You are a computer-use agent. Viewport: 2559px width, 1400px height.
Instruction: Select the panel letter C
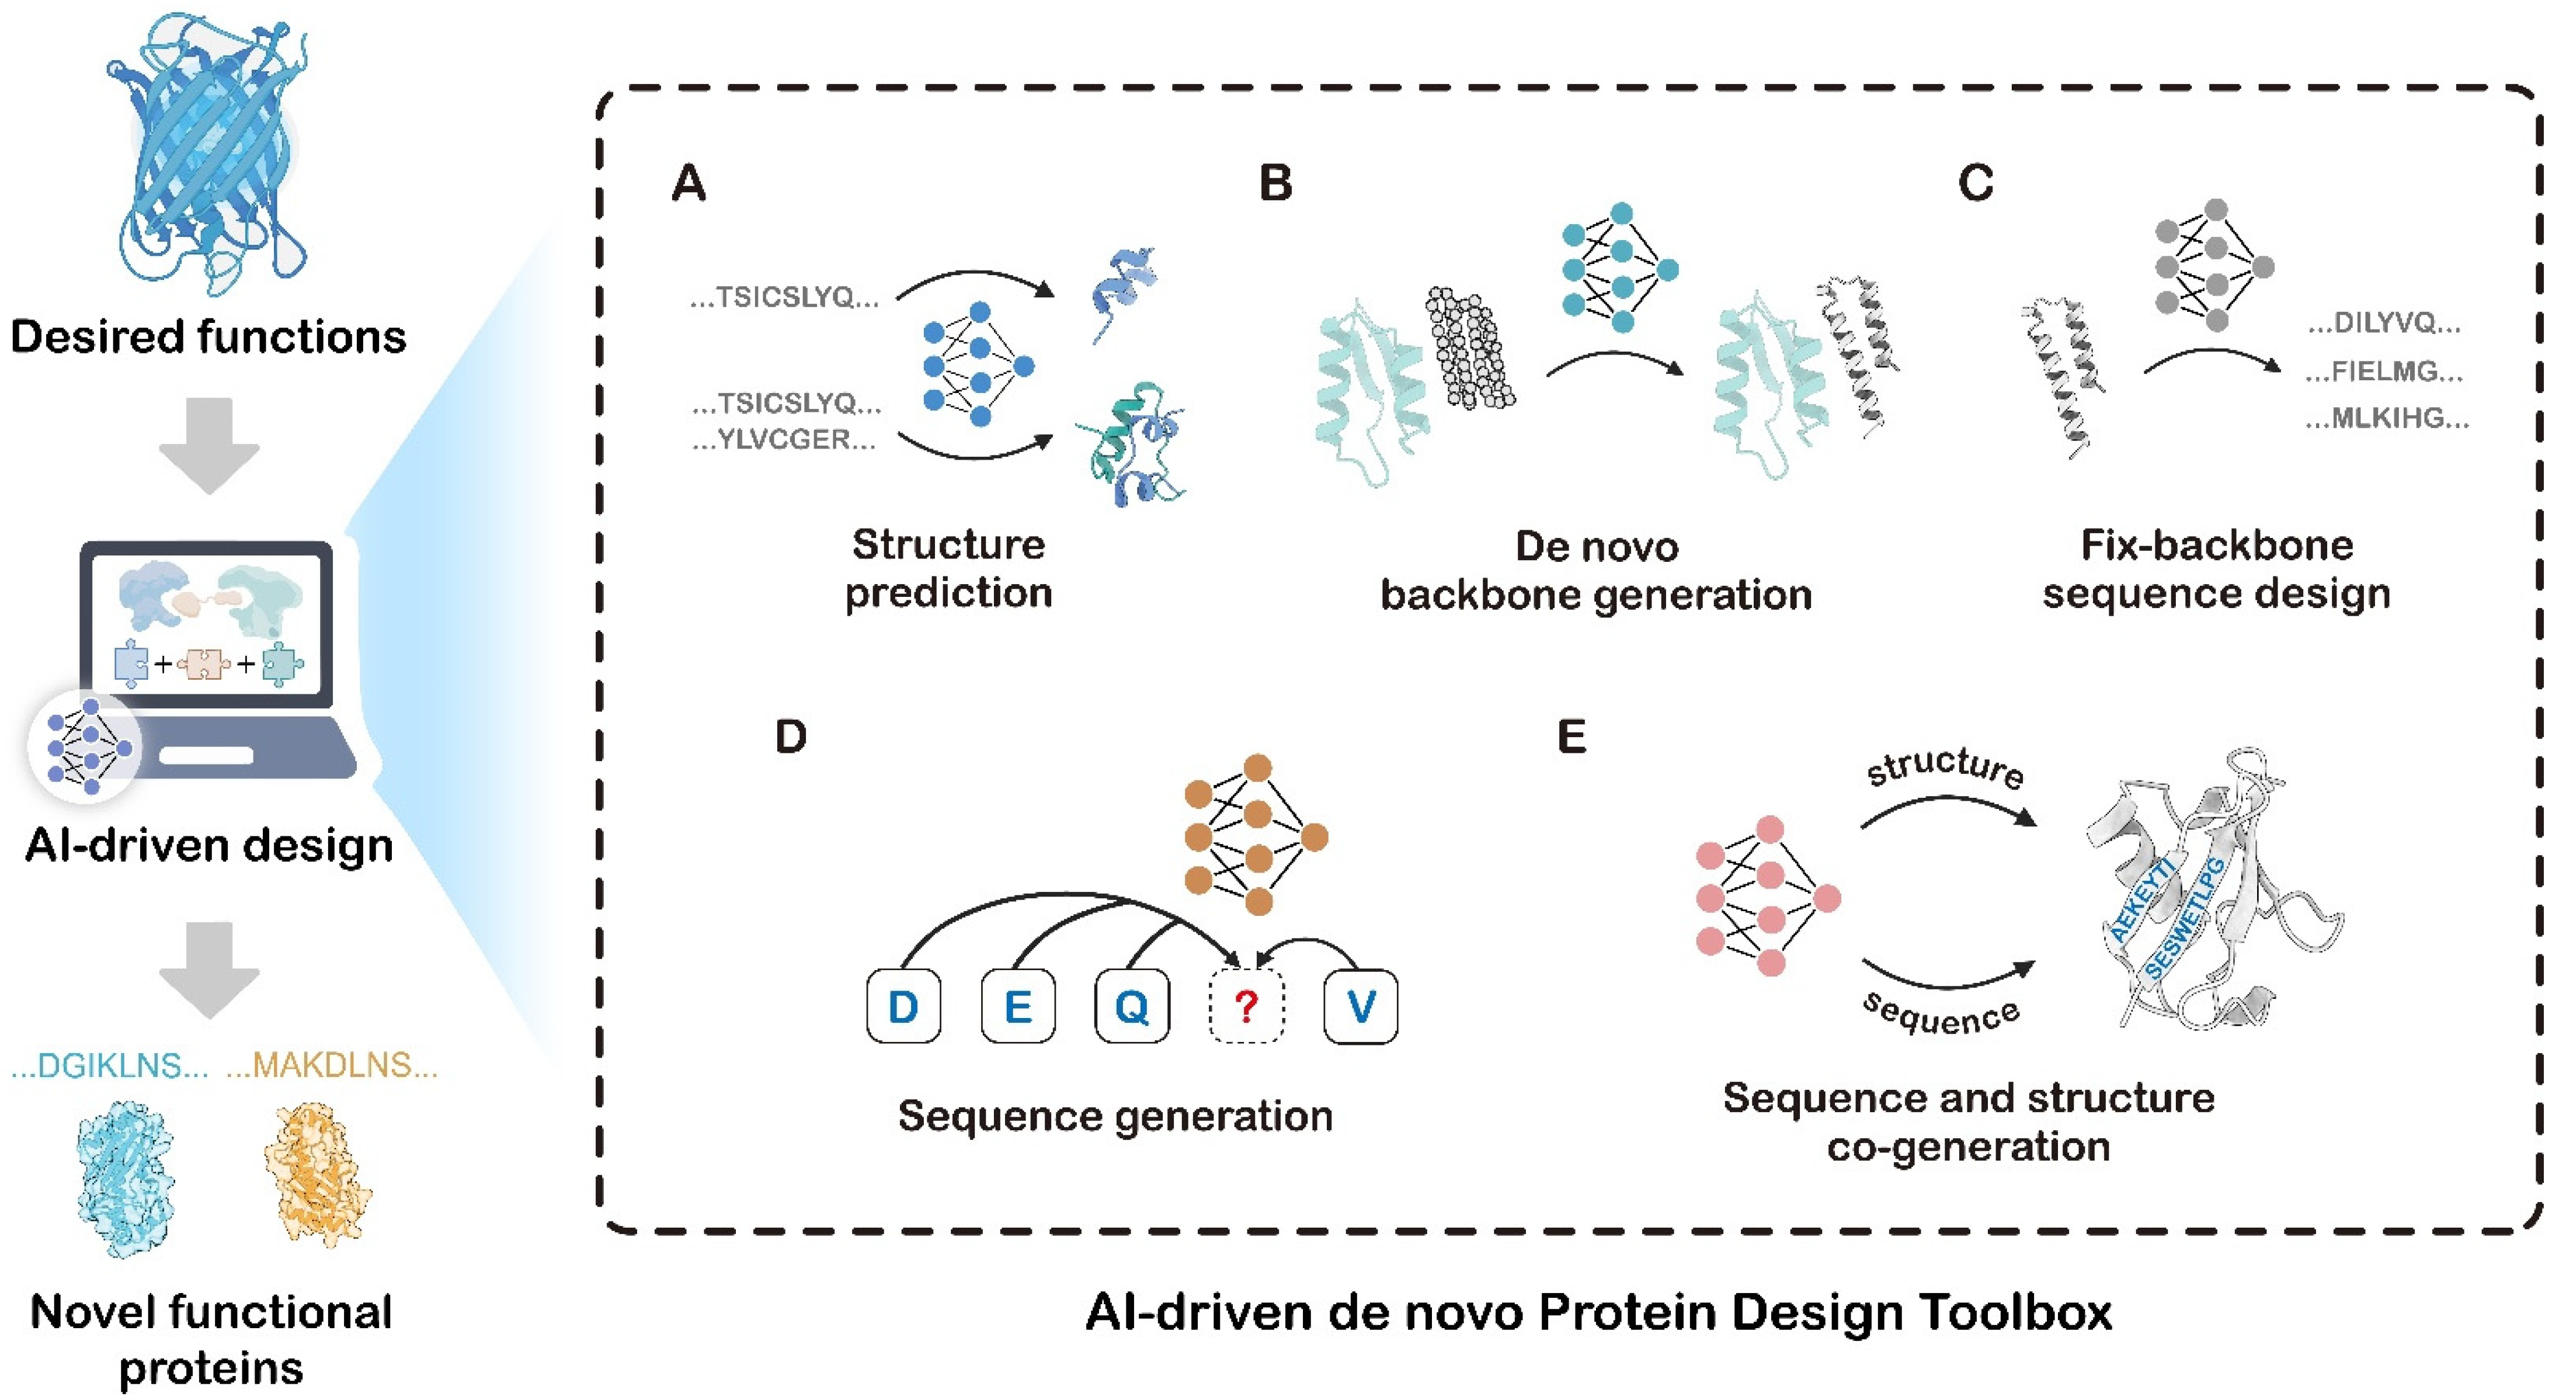click(1975, 184)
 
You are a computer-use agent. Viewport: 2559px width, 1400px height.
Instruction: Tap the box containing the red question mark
click(1246, 1006)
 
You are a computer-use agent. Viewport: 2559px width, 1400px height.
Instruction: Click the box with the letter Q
click(1132, 1006)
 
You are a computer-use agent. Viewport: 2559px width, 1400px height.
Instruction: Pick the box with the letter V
click(1360, 1006)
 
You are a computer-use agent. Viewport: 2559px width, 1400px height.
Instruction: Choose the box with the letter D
click(903, 1006)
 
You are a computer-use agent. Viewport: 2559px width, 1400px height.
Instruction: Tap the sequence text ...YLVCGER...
click(785, 439)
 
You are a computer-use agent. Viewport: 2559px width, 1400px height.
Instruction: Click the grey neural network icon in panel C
click(2214, 265)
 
